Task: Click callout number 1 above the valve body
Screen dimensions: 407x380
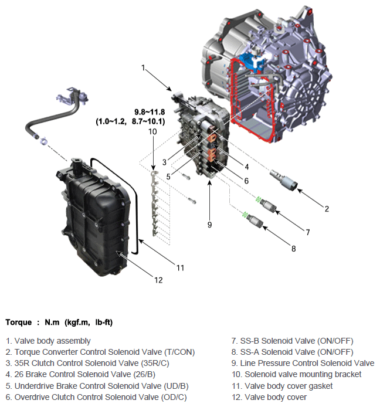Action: click(143, 68)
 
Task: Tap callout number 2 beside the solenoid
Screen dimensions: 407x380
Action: click(327, 208)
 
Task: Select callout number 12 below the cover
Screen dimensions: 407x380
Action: click(158, 280)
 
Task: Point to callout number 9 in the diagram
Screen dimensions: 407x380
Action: click(209, 223)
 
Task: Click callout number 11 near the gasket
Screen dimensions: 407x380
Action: click(181, 267)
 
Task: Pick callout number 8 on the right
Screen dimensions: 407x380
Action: click(293, 248)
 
